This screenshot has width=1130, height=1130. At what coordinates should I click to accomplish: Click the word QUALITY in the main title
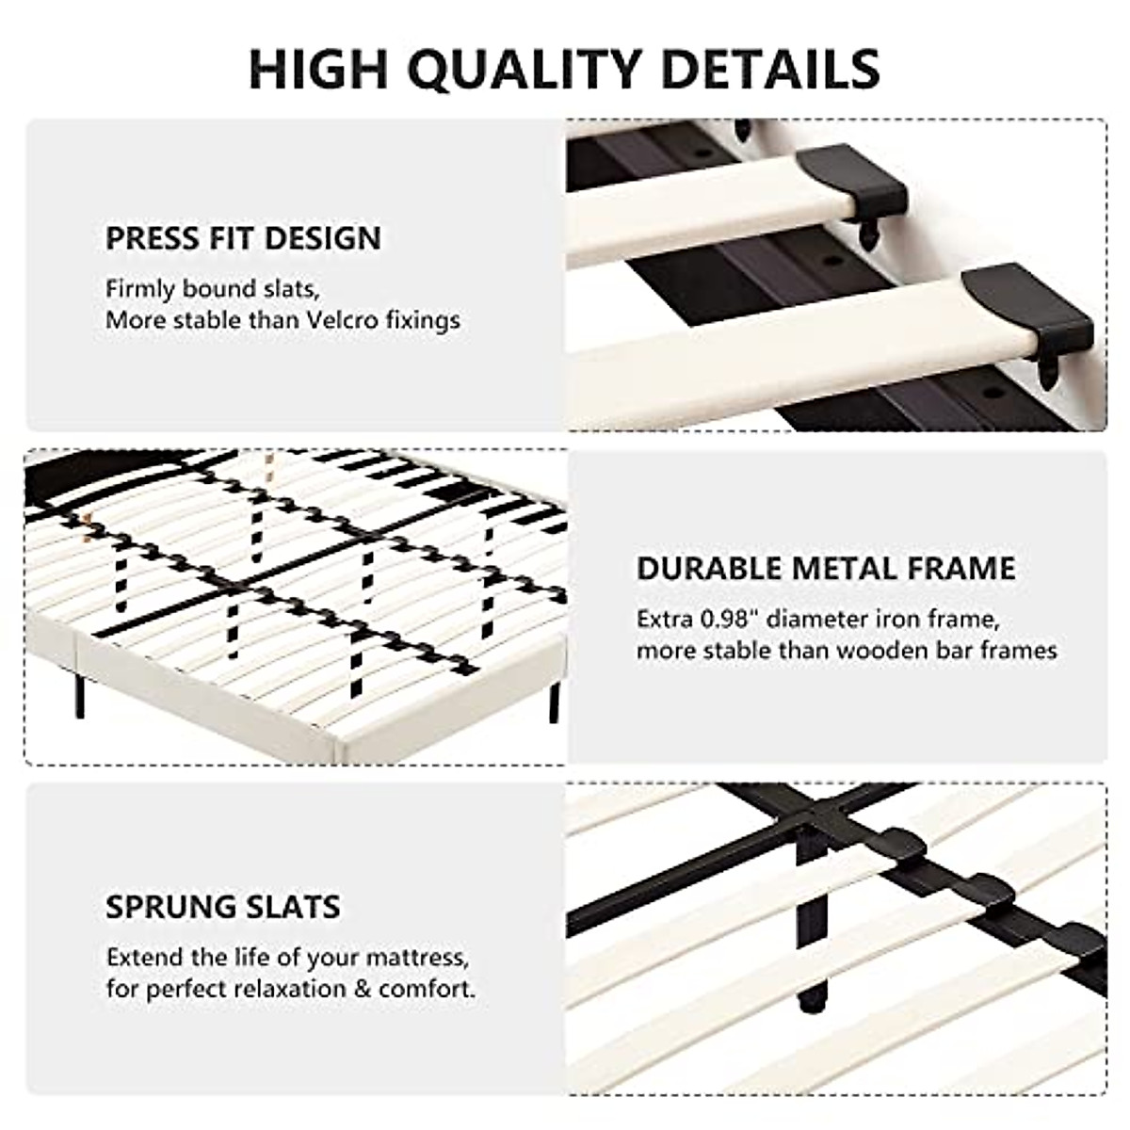[528, 68]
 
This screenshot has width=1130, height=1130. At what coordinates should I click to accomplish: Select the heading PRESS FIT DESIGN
[243, 238]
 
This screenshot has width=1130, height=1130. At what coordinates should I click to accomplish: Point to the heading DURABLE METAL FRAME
[826, 569]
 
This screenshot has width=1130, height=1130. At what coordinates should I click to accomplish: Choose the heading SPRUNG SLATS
[222, 907]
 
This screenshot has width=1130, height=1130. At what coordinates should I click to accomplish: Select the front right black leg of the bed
[556, 702]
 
